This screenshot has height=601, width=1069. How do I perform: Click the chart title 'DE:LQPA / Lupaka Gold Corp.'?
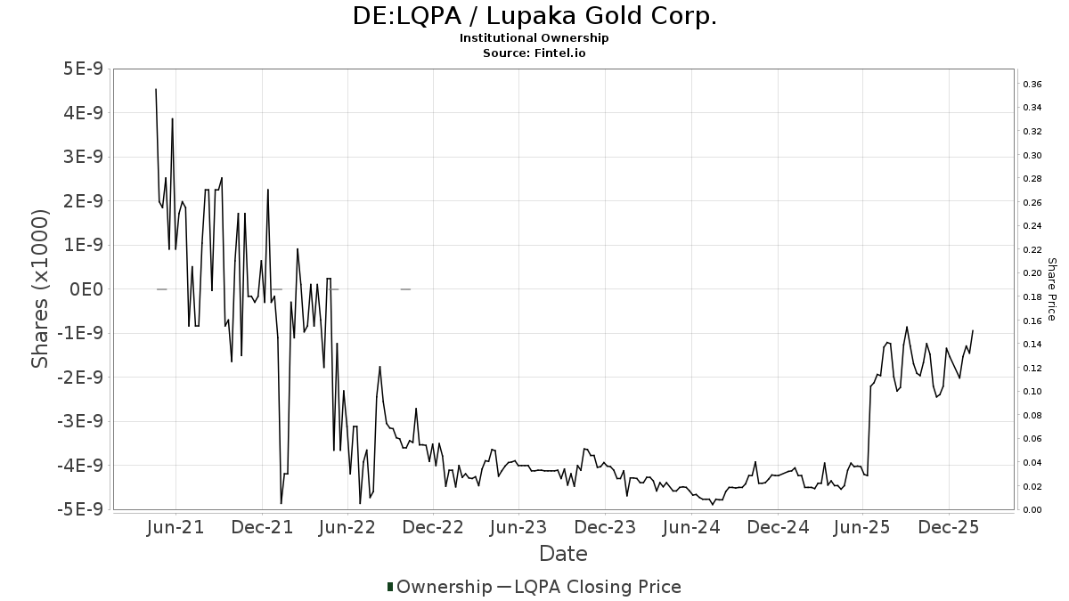click(x=534, y=16)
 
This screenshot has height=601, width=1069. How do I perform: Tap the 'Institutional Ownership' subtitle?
click(x=534, y=38)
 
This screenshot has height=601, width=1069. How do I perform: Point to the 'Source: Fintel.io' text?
click(x=534, y=53)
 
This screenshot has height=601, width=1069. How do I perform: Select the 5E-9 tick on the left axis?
click(x=83, y=69)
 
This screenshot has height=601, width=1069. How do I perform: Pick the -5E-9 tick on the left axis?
click(x=79, y=509)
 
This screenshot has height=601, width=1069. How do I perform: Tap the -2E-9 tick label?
click(x=79, y=378)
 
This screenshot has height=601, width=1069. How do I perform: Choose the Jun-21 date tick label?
click(x=175, y=527)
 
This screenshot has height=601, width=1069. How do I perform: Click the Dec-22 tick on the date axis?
click(x=433, y=527)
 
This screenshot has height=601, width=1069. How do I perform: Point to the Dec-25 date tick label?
click(x=949, y=527)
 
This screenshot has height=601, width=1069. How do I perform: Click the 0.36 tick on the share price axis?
click(x=1032, y=85)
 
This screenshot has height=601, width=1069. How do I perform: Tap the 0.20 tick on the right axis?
click(x=1032, y=273)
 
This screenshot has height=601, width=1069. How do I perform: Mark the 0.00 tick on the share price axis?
click(x=1032, y=510)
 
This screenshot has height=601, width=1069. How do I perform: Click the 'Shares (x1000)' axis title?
click(x=40, y=289)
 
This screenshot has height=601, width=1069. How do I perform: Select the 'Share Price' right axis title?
click(x=1052, y=289)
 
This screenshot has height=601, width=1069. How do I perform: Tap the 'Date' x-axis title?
click(x=563, y=554)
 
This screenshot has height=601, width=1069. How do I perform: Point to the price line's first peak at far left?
click(x=156, y=89)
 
